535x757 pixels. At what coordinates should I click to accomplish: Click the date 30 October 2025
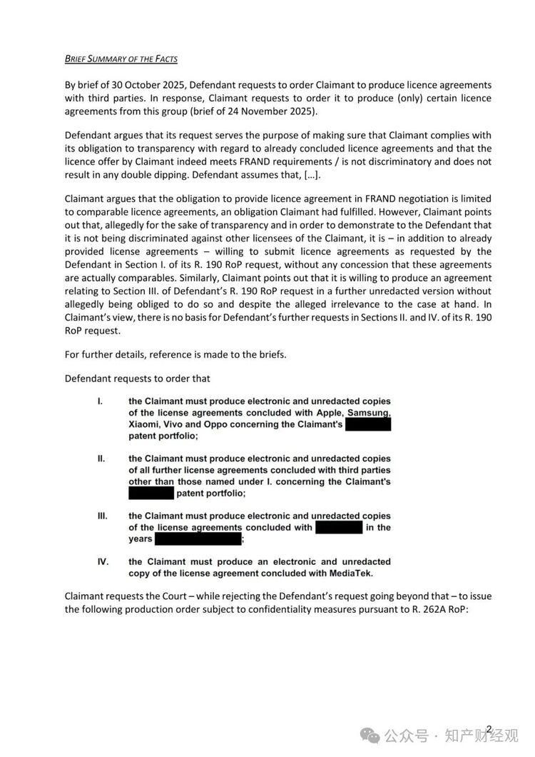pyautogui.click(x=147, y=84)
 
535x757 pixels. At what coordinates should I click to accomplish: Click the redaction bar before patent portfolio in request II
pyautogui.click(x=151, y=493)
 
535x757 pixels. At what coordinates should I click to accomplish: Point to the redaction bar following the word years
pyautogui.click(x=198, y=538)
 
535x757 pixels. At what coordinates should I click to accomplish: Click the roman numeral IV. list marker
pyautogui.click(x=103, y=561)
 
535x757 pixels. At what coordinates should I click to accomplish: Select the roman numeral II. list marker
pyautogui.click(x=101, y=458)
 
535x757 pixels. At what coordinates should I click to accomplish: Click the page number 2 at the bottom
pyautogui.click(x=489, y=728)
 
